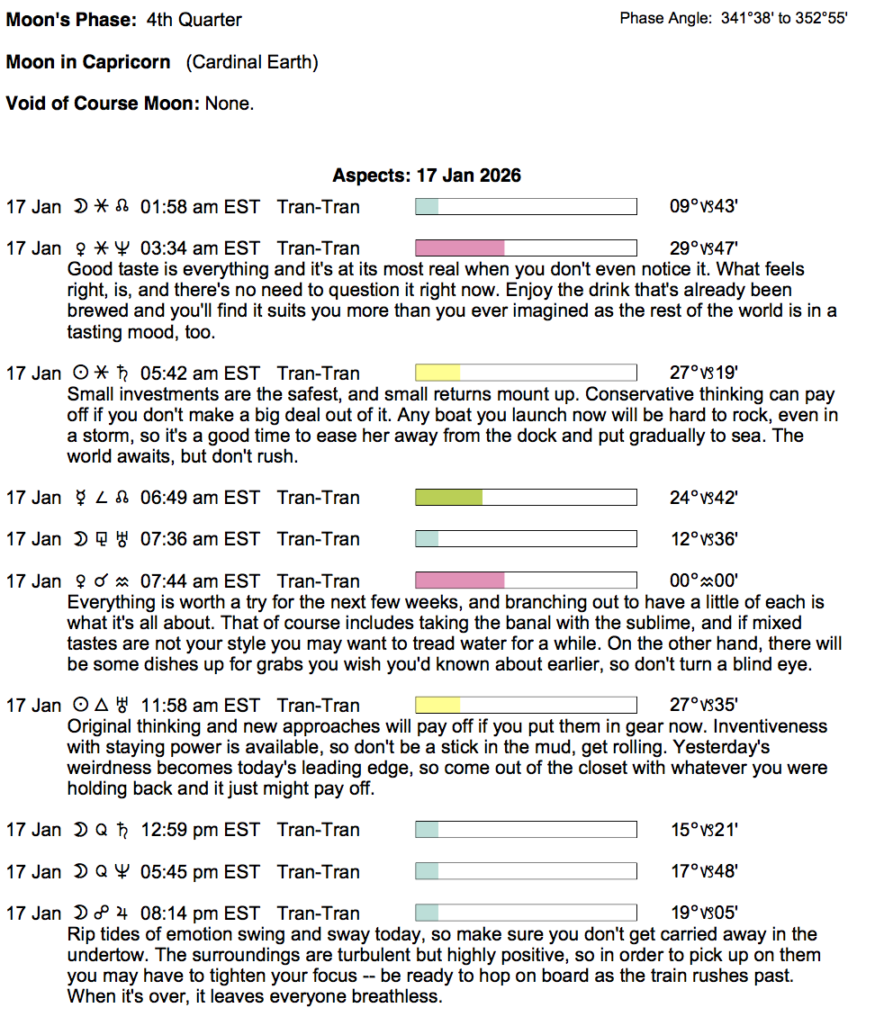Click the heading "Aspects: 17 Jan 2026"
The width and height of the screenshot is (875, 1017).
[426, 175]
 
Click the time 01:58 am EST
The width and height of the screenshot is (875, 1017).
[200, 207]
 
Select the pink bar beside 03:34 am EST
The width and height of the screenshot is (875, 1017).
[459, 248]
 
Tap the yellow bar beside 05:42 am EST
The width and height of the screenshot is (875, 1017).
[437, 373]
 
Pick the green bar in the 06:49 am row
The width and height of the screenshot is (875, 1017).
[448, 498]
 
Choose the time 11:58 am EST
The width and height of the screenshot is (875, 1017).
[200, 706]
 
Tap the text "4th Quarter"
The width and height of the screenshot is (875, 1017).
[194, 20]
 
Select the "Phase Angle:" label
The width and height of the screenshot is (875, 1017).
[666, 18]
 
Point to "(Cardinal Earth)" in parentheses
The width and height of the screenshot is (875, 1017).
[252, 63]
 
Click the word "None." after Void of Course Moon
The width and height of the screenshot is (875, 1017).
[230, 103]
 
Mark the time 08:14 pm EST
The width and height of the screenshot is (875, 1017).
[200, 913]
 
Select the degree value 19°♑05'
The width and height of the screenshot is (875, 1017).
[704, 913]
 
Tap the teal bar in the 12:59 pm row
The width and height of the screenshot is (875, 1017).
[427, 830]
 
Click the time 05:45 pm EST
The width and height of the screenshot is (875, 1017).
[200, 872]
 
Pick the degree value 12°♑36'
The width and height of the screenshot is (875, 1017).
[704, 540]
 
